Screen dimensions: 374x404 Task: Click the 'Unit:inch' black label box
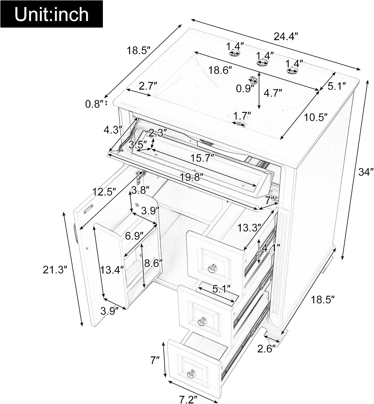point(51,14)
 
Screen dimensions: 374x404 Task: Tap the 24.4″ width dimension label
point(286,37)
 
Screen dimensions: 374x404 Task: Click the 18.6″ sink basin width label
point(220,70)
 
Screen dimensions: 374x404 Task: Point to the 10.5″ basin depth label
point(316,117)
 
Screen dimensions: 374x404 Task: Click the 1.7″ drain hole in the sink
point(239,123)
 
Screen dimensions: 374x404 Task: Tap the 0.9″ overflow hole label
point(245,89)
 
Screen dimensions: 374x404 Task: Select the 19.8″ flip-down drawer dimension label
point(191,177)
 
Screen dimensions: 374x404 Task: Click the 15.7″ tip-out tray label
point(202,158)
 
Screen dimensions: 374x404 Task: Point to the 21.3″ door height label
point(55,270)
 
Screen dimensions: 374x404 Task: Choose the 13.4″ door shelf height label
point(112,270)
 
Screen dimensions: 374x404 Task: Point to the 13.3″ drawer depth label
point(249,227)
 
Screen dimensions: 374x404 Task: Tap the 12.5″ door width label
point(104,191)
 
